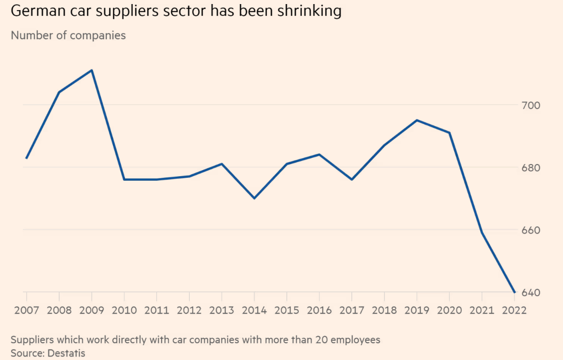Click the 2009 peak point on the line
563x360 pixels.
pyautogui.click(x=91, y=70)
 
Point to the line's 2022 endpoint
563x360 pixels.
pyautogui.click(x=515, y=292)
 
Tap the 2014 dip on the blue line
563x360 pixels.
pyautogui.click(x=254, y=198)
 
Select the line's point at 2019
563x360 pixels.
pyautogui.click(x=417, y=120)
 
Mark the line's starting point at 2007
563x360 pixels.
pyautogui.click(x=26, y=158)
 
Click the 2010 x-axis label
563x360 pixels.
pyautogui.click(x=124, y=310)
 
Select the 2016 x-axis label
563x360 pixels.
pyautogui.click(x=319, y=310)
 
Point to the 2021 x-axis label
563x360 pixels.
pyautogui.click(x=482, y=310)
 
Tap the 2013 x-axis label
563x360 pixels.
pyautogui.click(x=222, y=310)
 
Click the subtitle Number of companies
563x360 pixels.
pyautogui.click(x=68, y=36)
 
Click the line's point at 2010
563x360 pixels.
pyautogui.click(x=124, y=179)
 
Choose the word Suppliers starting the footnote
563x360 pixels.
pyautogui.click(x=31, y=340)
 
